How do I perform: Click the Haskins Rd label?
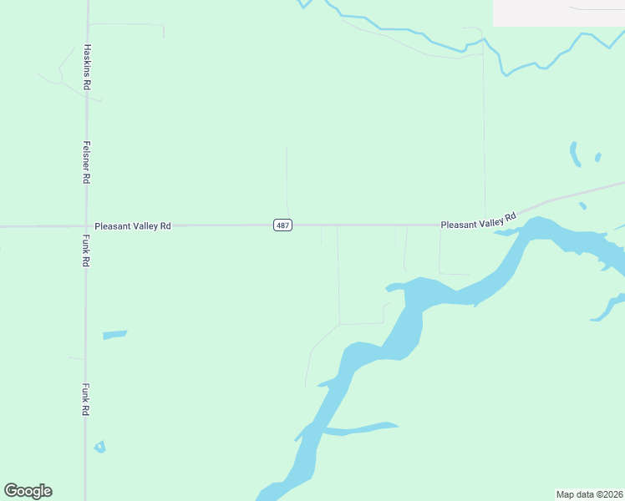click(87, 68)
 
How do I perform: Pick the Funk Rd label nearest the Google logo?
click(86, 400)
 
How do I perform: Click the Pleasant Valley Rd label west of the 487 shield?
click(133, 225)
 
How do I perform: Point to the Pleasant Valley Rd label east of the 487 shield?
click(478, 222)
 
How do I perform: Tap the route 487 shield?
click(282, 225)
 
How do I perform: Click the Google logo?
click(28, 491)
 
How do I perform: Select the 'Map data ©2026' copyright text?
click(589, 493)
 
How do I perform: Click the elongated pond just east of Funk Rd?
click(114, 335)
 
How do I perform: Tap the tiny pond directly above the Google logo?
click(100, 447)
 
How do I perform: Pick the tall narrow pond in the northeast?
click(575, 154)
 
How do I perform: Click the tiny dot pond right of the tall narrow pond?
click(597, 157)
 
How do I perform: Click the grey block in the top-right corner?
click(558, 13)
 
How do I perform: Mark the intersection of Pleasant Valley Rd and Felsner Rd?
click(86, 225)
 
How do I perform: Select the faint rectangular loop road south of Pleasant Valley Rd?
click(455, 272)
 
